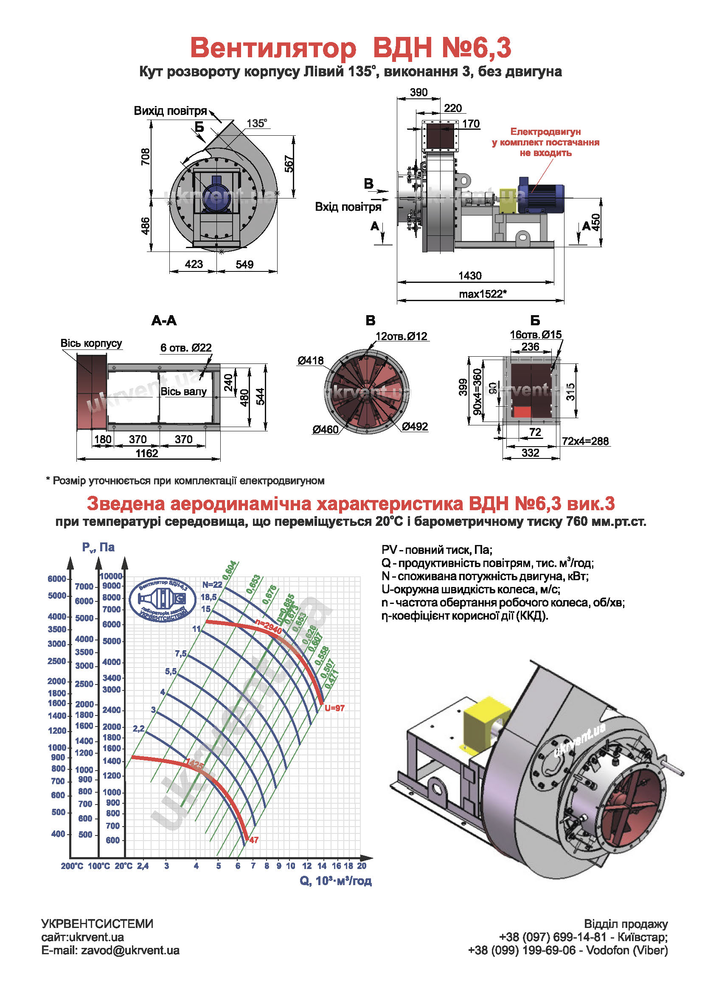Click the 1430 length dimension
tap(469, 276)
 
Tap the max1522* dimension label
tap(482, 294)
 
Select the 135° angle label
tap(257, 123)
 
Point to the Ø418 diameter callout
tap(310, 360)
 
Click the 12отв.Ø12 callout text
tap(401, 336)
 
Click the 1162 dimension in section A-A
tap(146, 453)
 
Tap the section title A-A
tap(164, 321)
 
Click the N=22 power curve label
tap(212, 584)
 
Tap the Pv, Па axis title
tap(98, 548)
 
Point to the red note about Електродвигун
tap(545, 142)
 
